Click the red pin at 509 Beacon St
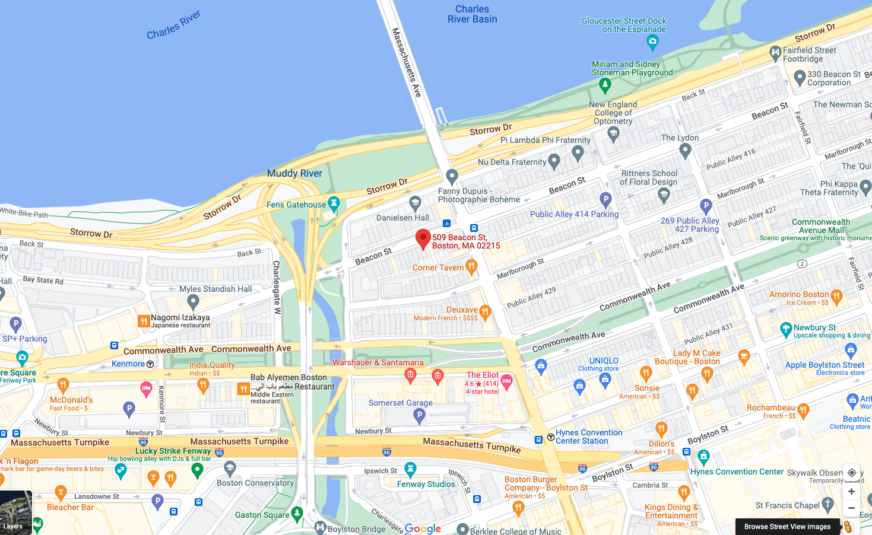tap(423, 239)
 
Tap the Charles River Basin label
tap(472, 14)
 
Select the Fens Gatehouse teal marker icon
tap(334, 203)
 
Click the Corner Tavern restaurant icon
tap(471, 266)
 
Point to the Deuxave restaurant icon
tap(485, 311)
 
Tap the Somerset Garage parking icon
tap(419, 416)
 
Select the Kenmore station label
tap(128, 364)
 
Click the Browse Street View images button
tap(787, 527)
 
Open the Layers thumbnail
tap(15, 512)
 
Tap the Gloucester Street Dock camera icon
tap(652, 42)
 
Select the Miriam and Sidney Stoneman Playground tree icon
tap(605, 85)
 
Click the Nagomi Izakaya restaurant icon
tap(143, 321)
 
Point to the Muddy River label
tap(294, 173)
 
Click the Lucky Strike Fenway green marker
tap(197, 470)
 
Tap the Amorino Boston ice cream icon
tap(836, 295)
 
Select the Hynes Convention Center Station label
tap(588, 437)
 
